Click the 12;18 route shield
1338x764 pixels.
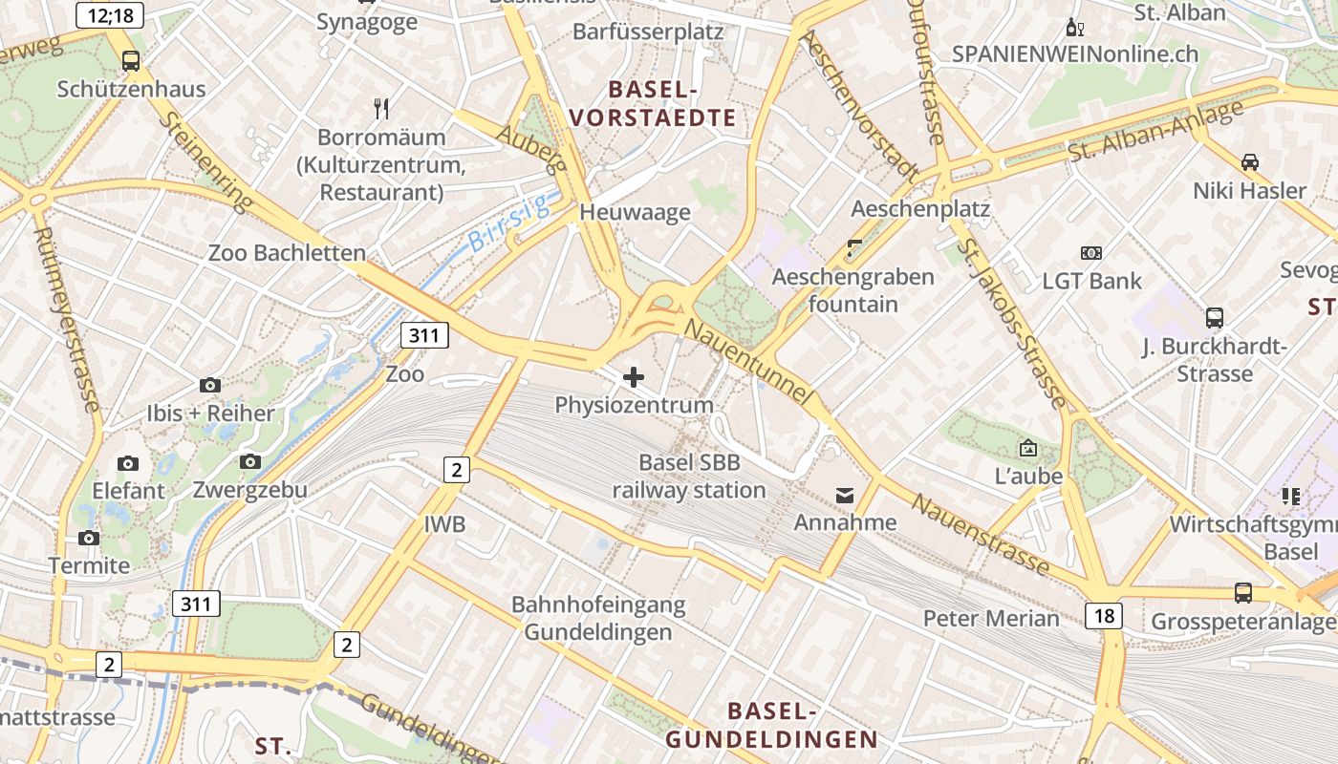[x=109, y=14]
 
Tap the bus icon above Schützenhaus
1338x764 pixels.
[x=131, y=61]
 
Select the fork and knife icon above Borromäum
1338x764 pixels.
[x=381, y=108]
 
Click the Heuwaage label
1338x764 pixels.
[x=635, y=212]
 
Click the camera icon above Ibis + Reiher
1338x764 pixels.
[x=210, y=385]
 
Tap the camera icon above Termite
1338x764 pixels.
[x=89, y=538]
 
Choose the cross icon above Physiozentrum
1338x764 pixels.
[x=634, y=377]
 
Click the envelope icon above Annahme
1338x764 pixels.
[x=845, y=495]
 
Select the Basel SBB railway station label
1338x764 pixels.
[x=689, y=477]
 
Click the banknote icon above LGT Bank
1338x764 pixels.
[x=1091, y=253]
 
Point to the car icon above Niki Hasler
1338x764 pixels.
[x=1249, y=162]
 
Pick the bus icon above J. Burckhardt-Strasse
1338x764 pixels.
[x=1214, y=317]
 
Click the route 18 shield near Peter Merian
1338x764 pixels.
[x=1103, y=615]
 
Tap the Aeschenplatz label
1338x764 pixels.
[x=920, y=208]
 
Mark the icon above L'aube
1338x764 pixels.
[x=1028, y=447]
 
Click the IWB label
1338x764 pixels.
[x=444, y=524]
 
